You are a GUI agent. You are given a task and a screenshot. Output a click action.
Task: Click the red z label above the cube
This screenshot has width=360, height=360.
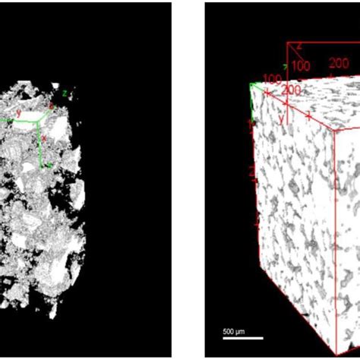(x=299, y=46)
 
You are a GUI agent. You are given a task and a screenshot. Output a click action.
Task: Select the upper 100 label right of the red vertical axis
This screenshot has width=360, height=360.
(x=301, y=66)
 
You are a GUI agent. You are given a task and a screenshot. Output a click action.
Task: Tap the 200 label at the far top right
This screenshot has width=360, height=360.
(x=339, y=64)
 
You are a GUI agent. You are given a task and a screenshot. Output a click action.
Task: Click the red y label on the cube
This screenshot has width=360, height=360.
(x=280, y=119)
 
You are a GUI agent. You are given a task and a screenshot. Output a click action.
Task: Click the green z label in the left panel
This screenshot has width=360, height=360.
(x=65, y=93)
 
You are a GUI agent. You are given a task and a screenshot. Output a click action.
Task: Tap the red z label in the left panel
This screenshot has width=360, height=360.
(x=51, y=105)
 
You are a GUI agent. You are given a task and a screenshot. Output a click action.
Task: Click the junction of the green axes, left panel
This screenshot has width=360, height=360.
(x=39, y=119)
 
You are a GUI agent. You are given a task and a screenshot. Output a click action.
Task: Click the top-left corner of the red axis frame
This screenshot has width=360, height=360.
(x=287, y=43)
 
